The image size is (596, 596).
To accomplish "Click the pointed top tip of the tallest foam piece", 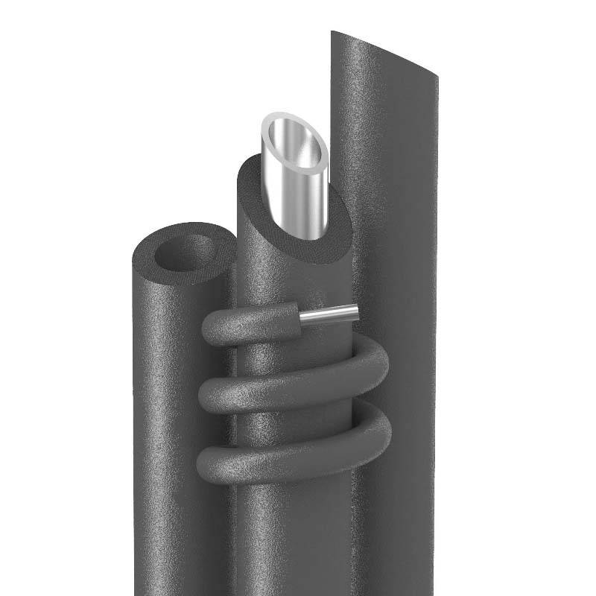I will [335, 34].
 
